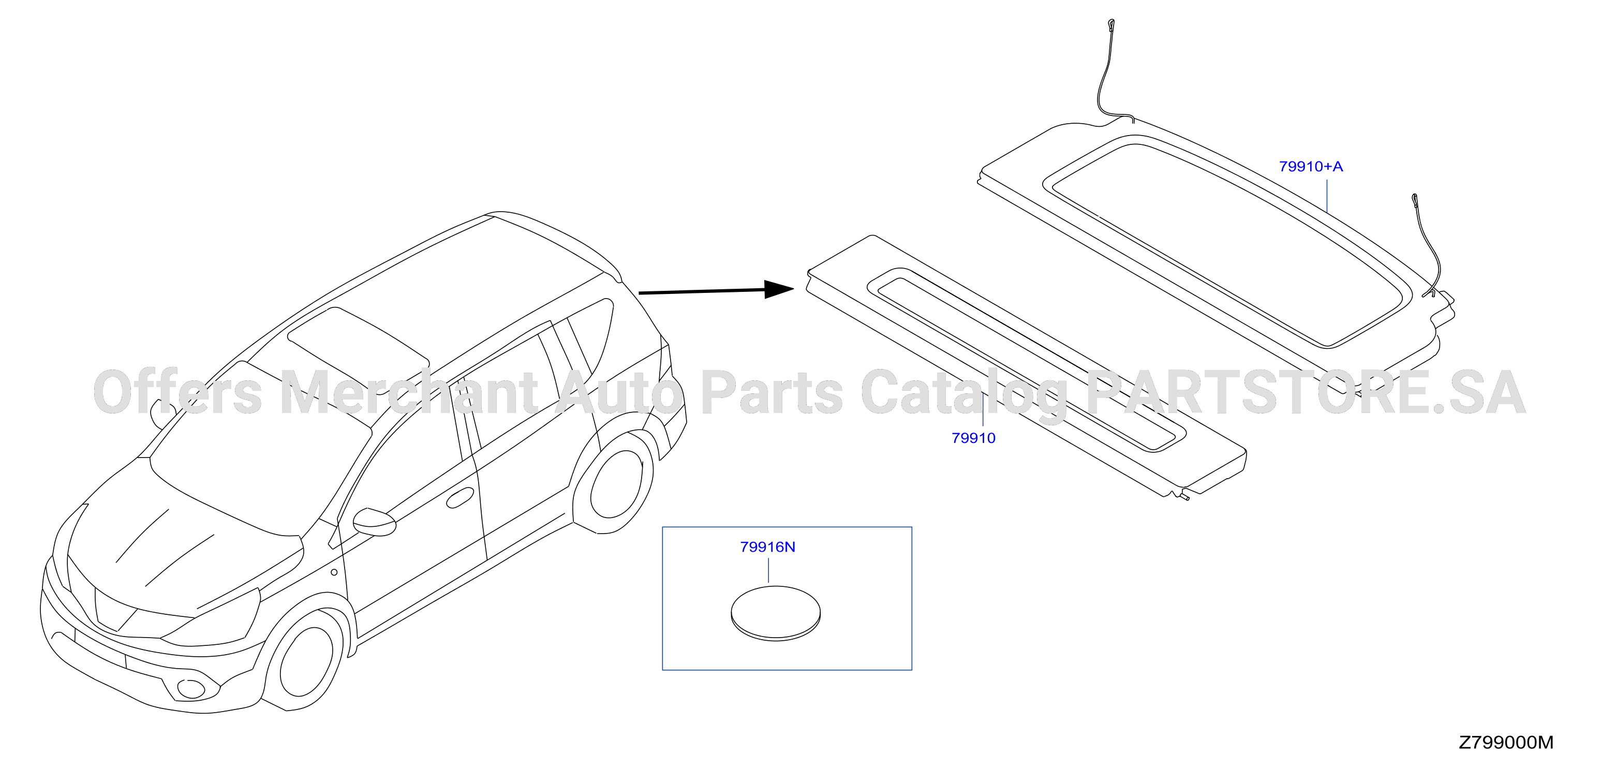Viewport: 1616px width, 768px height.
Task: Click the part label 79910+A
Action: tap(1311, 166)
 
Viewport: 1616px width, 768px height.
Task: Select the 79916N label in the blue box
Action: tap(767, 547)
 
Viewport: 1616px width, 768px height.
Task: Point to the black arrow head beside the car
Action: tap(779, 289)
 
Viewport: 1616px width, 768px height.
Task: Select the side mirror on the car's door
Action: tap(375, 522)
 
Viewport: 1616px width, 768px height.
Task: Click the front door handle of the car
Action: tap(460, 498)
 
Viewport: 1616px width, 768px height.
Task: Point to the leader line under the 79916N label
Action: tap(768, 571)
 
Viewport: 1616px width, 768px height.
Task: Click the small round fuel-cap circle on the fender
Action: tap(334, 572)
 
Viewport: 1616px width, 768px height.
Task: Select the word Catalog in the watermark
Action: tap(964, 394)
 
